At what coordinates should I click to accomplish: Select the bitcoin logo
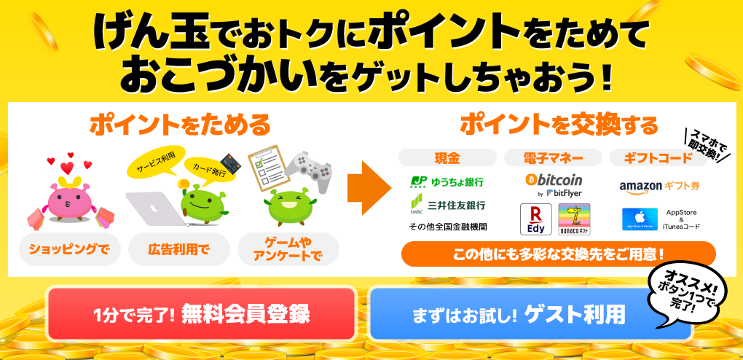tap(554, 180)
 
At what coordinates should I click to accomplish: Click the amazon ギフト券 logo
tap(659, 187)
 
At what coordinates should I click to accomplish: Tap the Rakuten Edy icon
tap(535, 219)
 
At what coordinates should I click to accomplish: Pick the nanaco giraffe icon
tap(573, 219)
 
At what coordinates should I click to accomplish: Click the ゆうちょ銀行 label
tap(447, 181)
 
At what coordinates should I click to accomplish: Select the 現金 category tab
tap(447, 157)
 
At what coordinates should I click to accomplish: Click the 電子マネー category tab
tap(553, 157)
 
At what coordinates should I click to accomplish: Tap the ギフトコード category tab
tap(659, 157)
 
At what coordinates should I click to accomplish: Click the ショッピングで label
tap(68, 250)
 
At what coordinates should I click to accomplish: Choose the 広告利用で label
tap(178, 250)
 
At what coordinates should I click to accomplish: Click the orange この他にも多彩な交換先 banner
tap(558, 254)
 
